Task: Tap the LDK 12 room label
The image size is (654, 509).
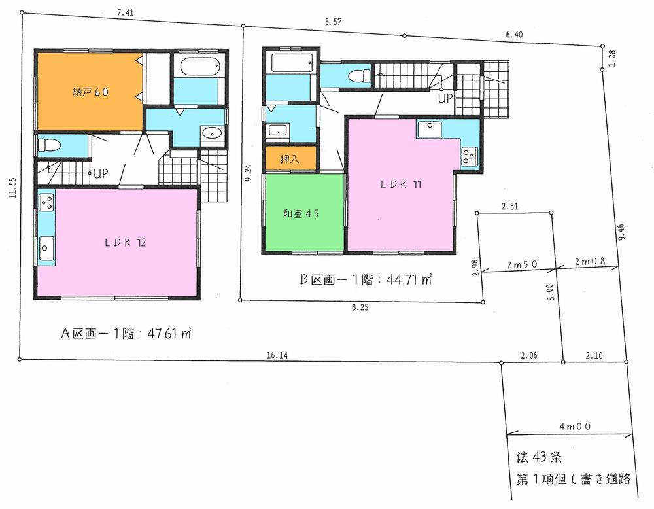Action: click(124, 243)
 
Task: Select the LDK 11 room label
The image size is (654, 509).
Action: click(400, 184)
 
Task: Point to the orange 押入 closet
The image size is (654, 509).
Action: click(290, 159)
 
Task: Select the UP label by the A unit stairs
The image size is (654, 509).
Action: click(101, 174)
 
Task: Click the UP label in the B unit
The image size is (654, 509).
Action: click(445, 99)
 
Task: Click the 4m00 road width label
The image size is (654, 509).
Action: click(576, 425)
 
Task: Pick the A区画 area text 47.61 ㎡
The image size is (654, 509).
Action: click(125, 333)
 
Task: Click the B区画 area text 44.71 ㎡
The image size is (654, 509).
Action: click(366, 280)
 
